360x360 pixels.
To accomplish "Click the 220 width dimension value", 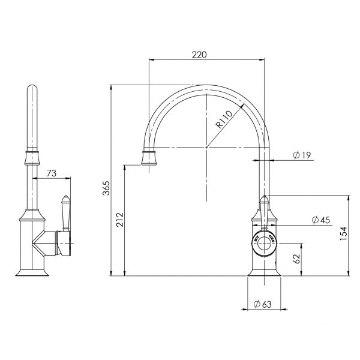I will (199, 54).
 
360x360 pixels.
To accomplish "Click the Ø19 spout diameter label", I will (302, 155).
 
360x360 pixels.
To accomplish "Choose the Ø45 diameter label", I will (322, 220).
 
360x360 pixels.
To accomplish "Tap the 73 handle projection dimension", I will (52, 173).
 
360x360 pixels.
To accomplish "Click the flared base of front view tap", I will (263, 272).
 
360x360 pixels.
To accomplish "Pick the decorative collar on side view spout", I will (31, 158).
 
